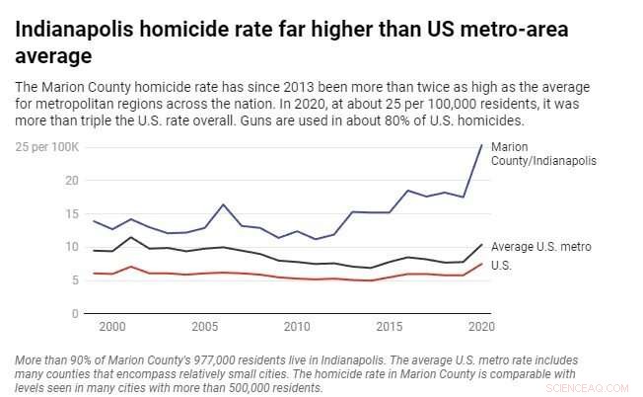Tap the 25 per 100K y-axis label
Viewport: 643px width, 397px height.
46,147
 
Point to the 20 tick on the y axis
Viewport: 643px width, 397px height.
44,181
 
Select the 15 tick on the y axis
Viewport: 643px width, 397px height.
44,214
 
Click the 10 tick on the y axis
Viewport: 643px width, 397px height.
44,248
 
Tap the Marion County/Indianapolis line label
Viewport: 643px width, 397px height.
543,153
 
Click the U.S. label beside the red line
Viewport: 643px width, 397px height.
502,265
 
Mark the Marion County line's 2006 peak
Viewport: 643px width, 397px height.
224,204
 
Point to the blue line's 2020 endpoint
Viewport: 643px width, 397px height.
481,145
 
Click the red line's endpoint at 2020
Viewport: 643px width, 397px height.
481,264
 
